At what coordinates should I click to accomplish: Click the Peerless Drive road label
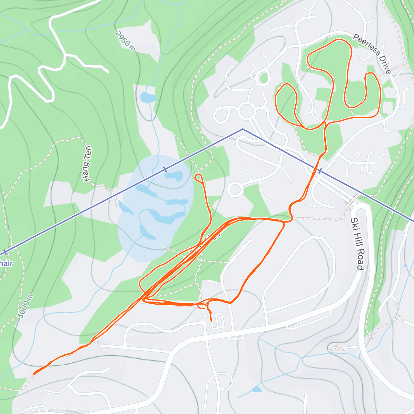pos(372,54)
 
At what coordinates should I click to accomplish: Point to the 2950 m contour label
pos(125,41)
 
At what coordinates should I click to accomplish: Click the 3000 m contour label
pos(25,306)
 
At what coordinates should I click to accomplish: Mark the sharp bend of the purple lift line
pos(243,129)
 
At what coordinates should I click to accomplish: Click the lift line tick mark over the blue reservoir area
pos(165,169)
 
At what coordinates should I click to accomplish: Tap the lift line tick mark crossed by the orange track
pos(320,171)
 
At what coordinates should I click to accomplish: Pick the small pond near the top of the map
pos(148,97)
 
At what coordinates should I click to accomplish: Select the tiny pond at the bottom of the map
pos(256,389)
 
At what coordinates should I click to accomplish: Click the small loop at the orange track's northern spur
pos(199,177)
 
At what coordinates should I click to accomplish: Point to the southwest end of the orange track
pos(34,373)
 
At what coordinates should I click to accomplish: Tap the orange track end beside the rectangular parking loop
pos(211,321)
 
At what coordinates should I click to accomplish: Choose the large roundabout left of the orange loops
pos(246,111)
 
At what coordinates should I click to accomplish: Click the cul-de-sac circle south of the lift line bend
pos(235,189)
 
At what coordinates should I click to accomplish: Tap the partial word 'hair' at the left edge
pos(6,264)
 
